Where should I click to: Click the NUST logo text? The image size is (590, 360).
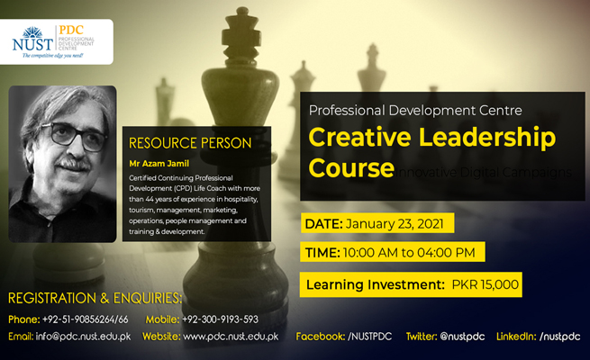34,41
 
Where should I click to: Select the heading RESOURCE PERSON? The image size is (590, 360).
190,142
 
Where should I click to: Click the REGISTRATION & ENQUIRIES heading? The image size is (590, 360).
95,298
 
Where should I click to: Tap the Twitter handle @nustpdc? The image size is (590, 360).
463,337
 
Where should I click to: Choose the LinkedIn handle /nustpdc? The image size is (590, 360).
559,337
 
